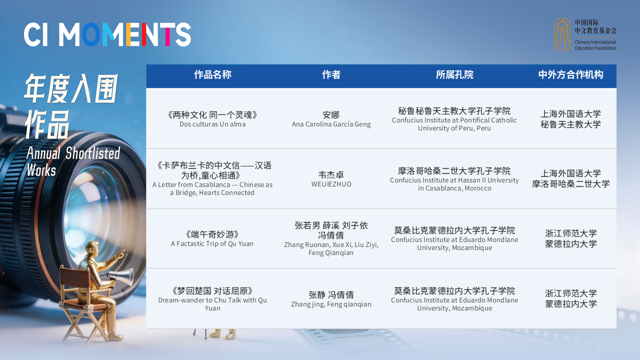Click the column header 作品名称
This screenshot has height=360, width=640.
coord(212,74)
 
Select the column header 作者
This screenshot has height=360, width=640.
coord(331,74)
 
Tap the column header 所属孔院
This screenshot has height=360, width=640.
coord(454,74)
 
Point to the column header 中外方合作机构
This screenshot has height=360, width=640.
coord(570,74)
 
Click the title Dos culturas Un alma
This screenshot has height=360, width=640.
coord(212,124)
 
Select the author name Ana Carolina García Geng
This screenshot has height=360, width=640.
coord(331,124)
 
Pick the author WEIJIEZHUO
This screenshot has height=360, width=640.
coord(331,184)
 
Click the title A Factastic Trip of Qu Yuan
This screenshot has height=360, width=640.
coord(212,243)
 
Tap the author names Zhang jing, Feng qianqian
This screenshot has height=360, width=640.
coord(331,304)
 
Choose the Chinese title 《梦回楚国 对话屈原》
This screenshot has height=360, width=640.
coord(212,291)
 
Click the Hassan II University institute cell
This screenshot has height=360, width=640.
coord(454,179)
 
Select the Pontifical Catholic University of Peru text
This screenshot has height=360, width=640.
coord(454,124)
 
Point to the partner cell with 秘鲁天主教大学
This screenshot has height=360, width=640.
coord(570,119)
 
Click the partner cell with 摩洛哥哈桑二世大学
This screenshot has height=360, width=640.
coord(570,178)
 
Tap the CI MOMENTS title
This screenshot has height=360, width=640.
coord(107,34)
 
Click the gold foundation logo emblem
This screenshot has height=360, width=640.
coord(562,34)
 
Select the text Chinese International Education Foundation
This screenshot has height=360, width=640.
coord(595,45)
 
